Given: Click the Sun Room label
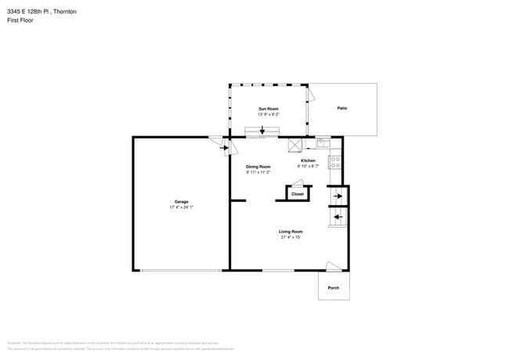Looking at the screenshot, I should click(x=269, y=108).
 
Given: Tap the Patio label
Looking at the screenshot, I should click(x=342, y=108).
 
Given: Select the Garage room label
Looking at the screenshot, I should click(x=181, y=201).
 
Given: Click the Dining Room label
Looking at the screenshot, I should click(x=258, y=167).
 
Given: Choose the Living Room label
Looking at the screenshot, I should click(x=291, y=232).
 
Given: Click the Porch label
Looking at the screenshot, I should click(x=333, y=286).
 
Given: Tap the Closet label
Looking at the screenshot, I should click(x=298, y=193).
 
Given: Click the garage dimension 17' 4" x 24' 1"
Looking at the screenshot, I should click(x=181, y=207).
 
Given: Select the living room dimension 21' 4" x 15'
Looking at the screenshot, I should click(x=291, y=238).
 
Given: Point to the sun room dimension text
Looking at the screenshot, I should click(x=269, y=114).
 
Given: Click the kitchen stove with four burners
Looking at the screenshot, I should click(x=335, y=163).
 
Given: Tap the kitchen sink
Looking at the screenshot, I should click(x=323, y=142).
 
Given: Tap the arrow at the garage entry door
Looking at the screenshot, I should click(x=224, y=147).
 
